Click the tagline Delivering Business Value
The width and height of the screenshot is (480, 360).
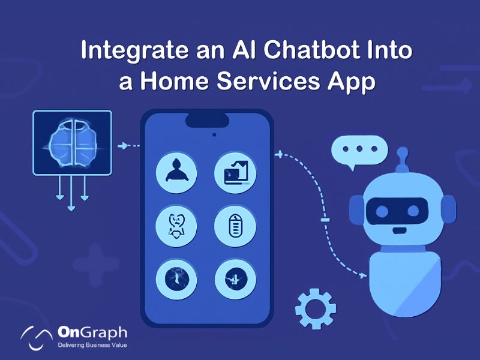pos(92,346)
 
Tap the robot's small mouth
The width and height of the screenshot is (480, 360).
pos(398,229)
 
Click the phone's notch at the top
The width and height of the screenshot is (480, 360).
pos(207,119)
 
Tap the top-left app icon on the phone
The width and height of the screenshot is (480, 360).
pos(176,170)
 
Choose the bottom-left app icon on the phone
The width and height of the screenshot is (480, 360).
pos(176,279)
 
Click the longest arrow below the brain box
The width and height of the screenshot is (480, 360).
pos(72,195)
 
